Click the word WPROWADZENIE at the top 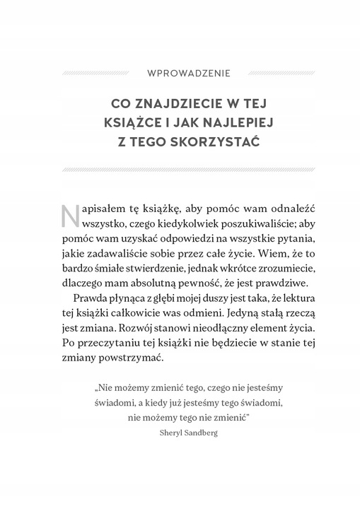pyautogui.click(x=180, y=72)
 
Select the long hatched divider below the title pyautogui.click(x=180, y=170)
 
